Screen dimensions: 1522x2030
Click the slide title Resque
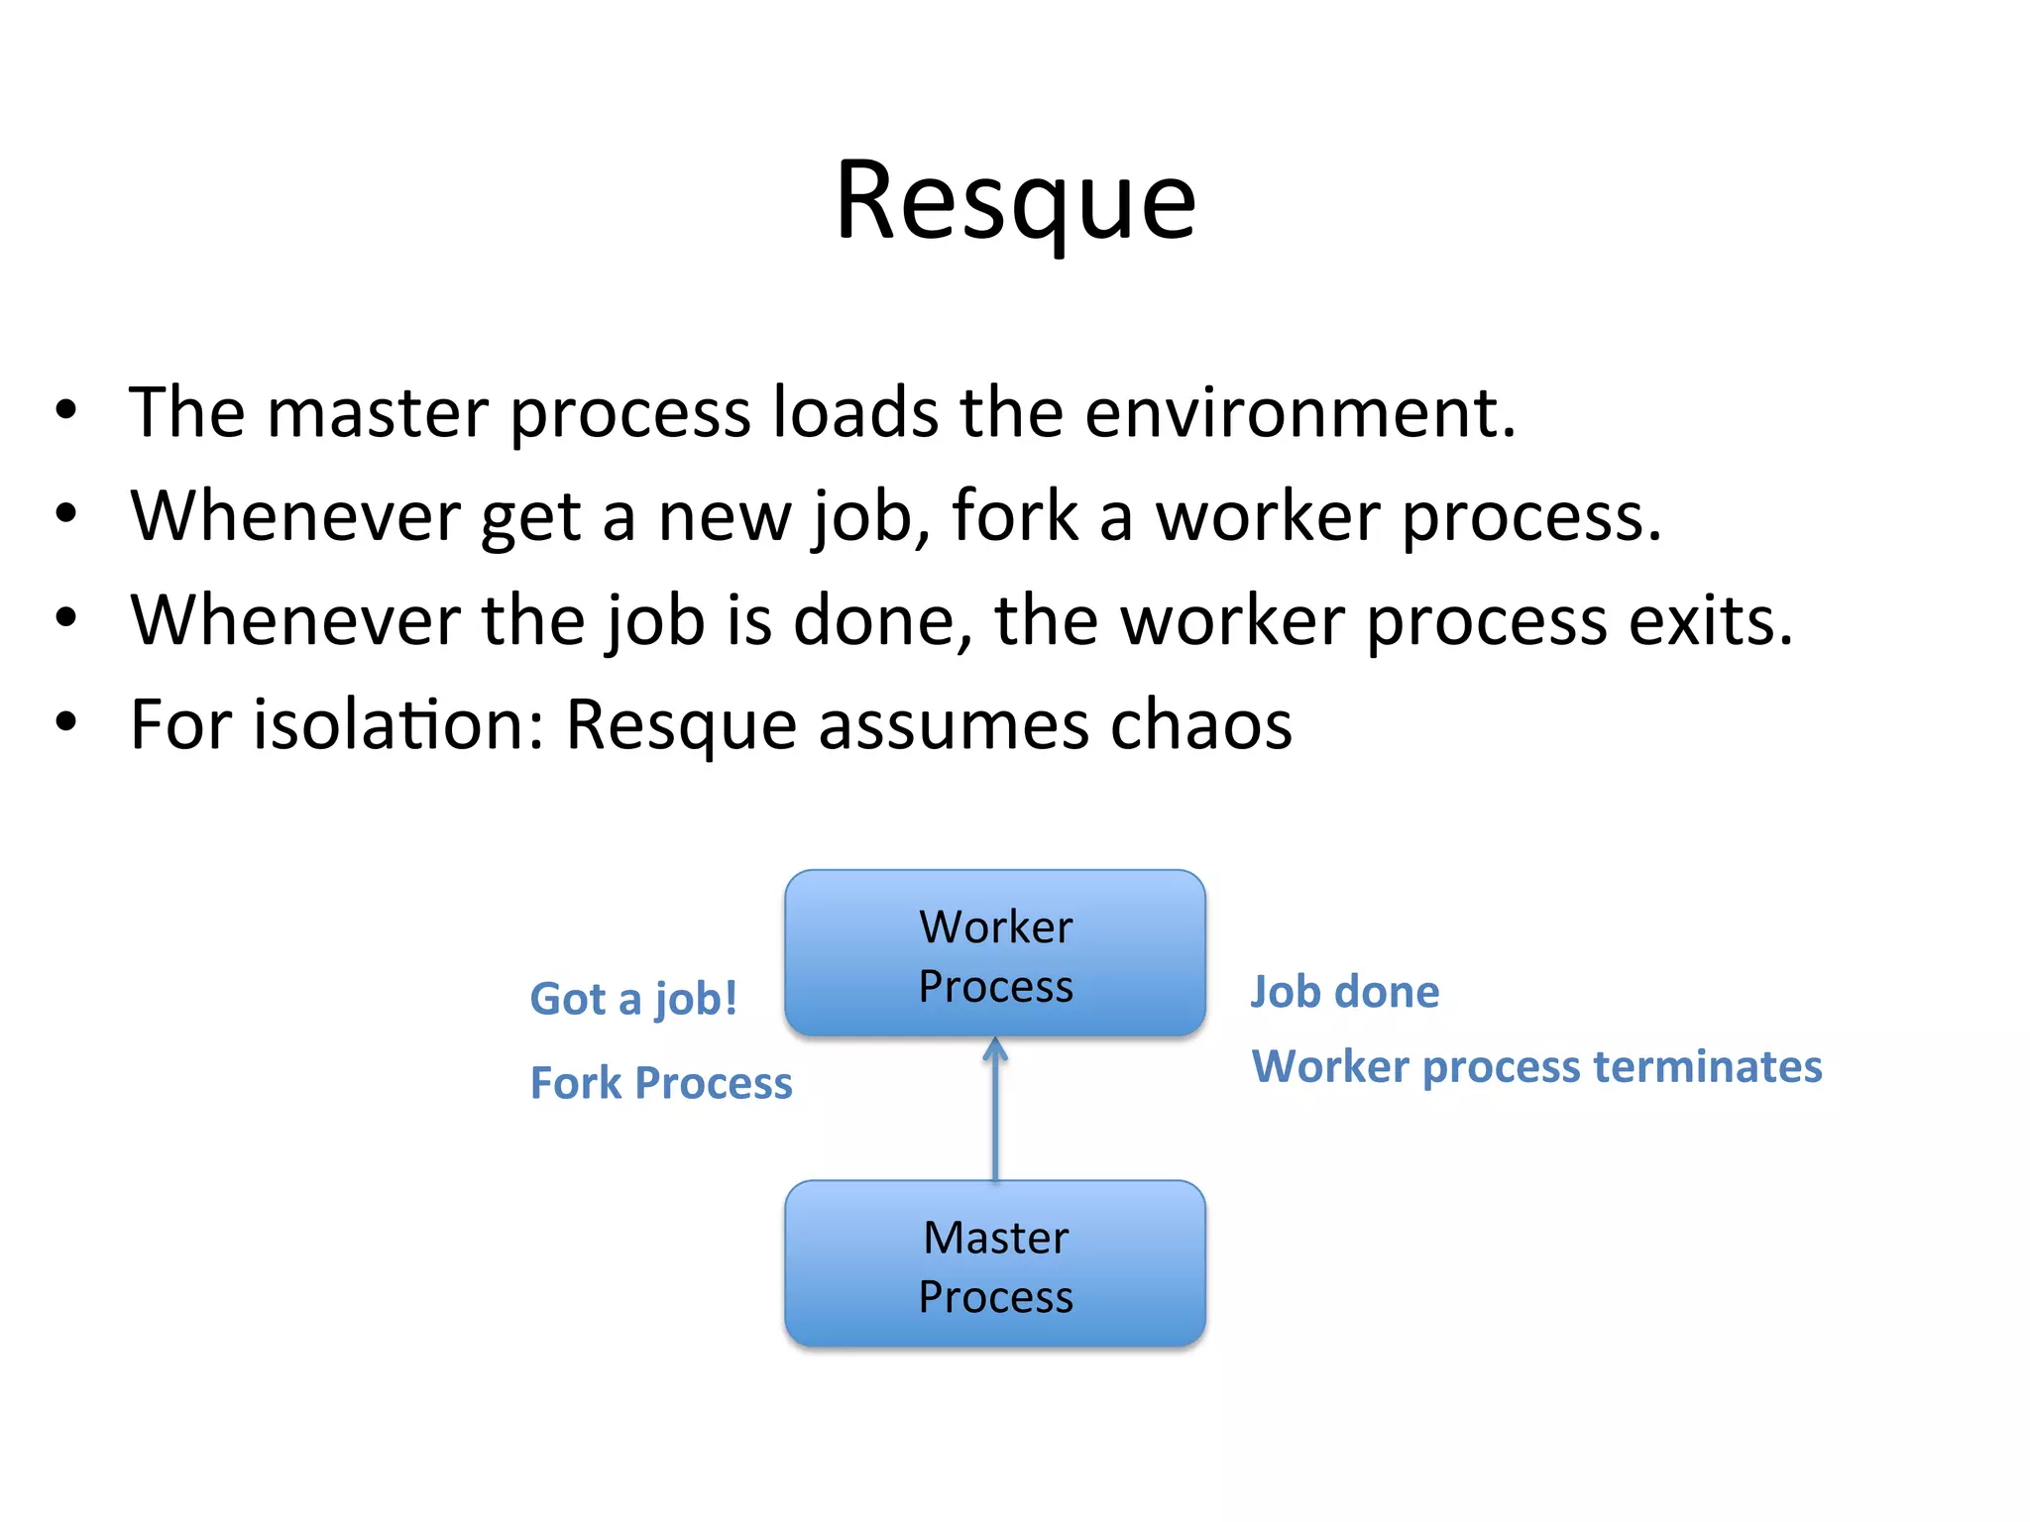(x=1015, y=203)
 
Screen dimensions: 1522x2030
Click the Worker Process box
(x=995, y=953)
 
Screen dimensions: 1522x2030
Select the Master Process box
(x=995, y=1263)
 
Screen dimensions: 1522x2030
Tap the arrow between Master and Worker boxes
(x=995, y=1110)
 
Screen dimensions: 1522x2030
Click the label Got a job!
(x=633, y=999)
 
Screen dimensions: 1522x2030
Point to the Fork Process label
(x=661, y=1083)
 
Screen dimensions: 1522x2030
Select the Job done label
(x=1345, y=992)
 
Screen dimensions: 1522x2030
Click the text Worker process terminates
(x=1536, y=1067)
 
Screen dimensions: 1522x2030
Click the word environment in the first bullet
(x=1298, y=413)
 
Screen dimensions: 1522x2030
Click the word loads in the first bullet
(x=854, y=413)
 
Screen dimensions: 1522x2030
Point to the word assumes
(x=953, y=725)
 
